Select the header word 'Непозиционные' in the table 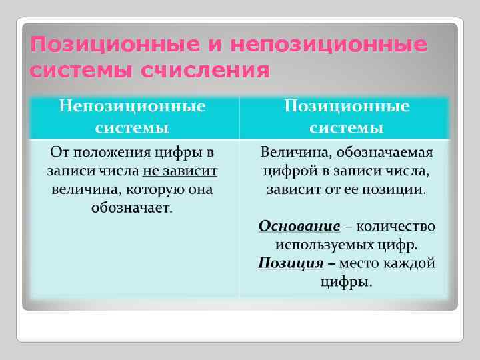(133, 106)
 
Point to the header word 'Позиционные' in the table (347, 106)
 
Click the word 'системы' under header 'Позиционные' (347, 126)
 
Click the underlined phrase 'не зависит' (180, 171)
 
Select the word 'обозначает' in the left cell (131, 208)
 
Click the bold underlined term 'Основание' (299, 225)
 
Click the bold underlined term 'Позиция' (291, 263)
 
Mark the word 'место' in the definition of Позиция (361, 263)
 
